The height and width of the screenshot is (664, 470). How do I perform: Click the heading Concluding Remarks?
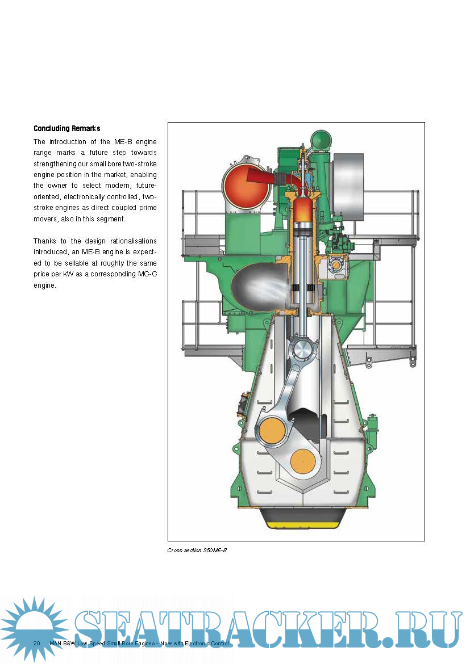(x=66, y=128)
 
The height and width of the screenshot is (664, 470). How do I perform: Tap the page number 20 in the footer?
(x=36, y=643)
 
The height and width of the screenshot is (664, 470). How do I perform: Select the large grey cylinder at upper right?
(x=347, y=188)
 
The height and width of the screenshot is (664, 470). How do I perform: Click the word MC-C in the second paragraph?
(x=145, y=274)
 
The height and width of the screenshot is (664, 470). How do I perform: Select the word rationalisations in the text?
(x=129, y=241)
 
